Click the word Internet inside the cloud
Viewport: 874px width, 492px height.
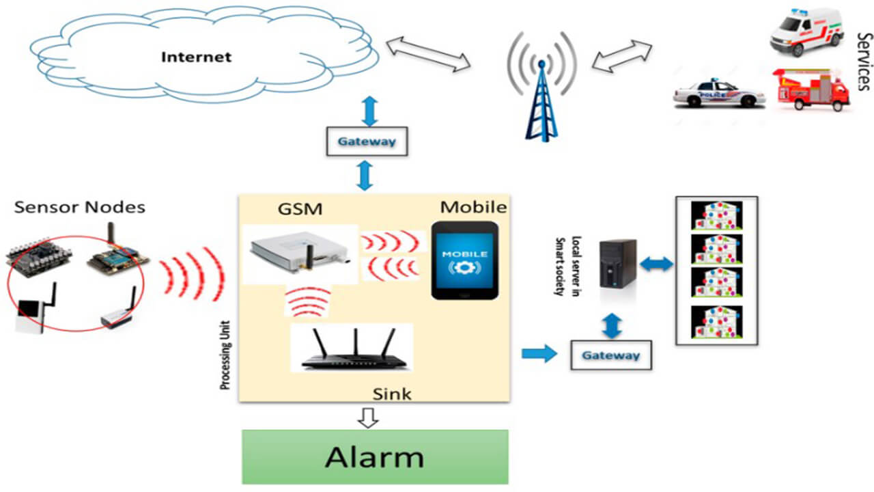click(196, 57)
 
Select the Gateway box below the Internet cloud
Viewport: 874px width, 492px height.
click(367, 141)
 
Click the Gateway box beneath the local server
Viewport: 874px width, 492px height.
click(610, 355)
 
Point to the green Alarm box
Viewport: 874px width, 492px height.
click(375, 456)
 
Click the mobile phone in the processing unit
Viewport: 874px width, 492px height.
click(464, 259)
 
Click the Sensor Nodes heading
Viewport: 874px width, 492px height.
click(80, 207)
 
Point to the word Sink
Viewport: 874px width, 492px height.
click(392, 394)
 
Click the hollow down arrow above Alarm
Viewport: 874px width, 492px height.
click(369, 418)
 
